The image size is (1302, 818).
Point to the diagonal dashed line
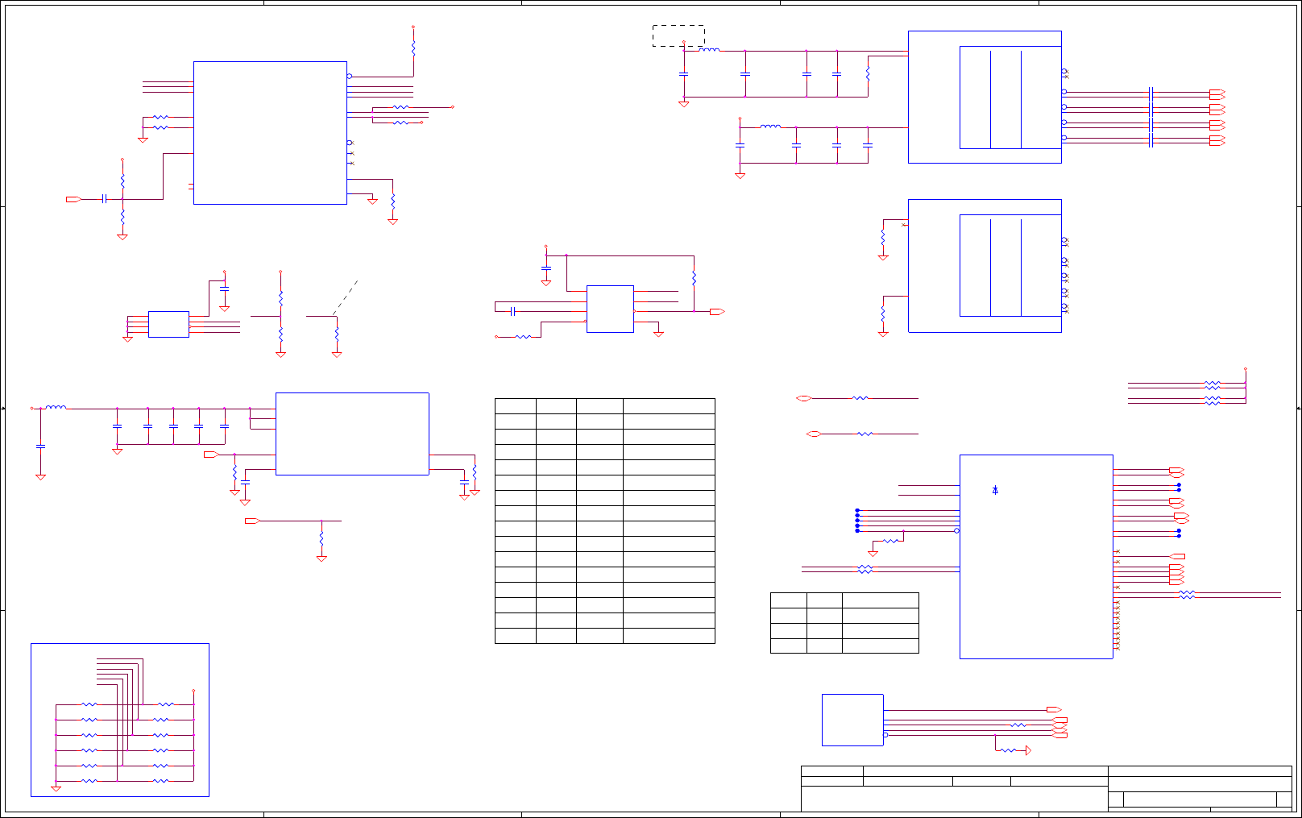coord(345,298)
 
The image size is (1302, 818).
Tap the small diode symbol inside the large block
coord(995,490)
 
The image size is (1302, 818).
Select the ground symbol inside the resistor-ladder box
coord(56,787)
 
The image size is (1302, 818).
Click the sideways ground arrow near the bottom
coord(1028,750)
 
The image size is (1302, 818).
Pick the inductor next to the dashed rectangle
coord(709,50)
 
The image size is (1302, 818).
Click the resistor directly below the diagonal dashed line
coord(337,333)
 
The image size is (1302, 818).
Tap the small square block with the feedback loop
coord(610,309)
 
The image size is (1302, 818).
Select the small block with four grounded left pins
coord(168,324)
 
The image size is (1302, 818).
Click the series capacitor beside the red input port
coord(104,199)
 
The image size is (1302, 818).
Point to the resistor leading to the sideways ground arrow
coord(1008,750)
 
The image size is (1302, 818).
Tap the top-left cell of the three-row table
coord(789,600)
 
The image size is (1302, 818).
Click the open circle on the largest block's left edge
coord(956,530)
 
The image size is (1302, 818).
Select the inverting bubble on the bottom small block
coord(885,735)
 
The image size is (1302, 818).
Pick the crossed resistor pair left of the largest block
coord(865,569)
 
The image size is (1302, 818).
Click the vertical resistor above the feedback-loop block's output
coord(694,279)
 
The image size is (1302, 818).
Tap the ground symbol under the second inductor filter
coord(740,175)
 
